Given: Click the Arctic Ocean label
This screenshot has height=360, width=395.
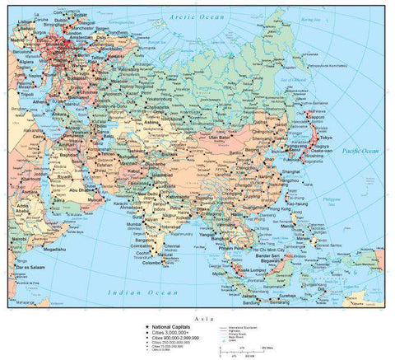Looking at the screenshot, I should pos(195,16).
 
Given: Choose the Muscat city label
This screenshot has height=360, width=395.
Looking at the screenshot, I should pos(95,199).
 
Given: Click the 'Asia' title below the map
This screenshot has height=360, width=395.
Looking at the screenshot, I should pos(200,317).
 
